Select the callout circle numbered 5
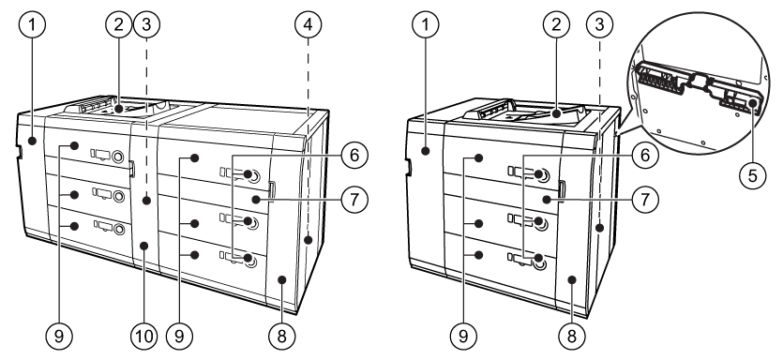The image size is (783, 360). coord(753,175)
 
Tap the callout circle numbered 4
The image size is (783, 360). coord(308,24)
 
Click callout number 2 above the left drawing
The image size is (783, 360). coord(118,24)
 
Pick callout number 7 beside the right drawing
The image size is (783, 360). coord(644,200)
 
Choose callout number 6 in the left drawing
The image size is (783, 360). coord(354,155)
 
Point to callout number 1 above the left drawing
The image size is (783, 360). coord(33,24)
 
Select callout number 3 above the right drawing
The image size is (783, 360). coord(600,24)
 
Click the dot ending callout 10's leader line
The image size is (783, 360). coord(143,246)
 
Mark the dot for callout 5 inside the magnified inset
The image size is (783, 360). coord(752,103)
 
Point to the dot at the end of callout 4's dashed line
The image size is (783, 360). coord(309,240)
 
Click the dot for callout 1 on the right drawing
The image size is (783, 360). coord(426,150)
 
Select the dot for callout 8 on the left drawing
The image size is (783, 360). coord(281,279)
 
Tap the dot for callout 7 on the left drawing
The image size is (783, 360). coord(256,200)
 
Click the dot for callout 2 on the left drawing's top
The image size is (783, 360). coord(118,108)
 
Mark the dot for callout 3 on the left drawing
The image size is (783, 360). coord(146,201)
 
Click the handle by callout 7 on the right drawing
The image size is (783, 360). coord(562,189)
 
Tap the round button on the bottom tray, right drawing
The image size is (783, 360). coord(539,260)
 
